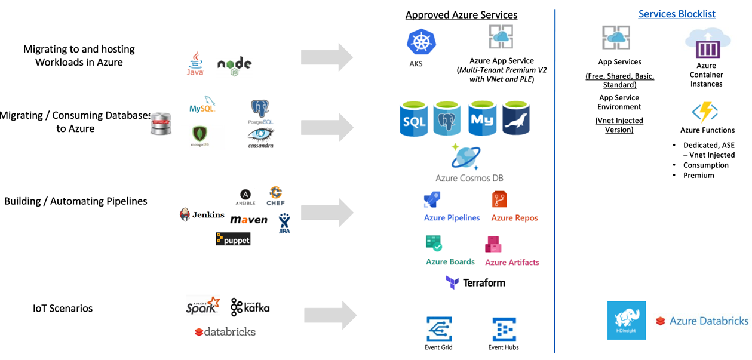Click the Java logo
click(195, 63)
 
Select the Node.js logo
click(234, 65)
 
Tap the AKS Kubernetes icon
click(421, 43)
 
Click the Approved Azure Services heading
click(461, 15)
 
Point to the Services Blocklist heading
click(677, 14)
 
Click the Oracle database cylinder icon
click(161, 124)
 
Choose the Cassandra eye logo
click(261, 137)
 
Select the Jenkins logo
click(202, 214)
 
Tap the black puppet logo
click(233, 239)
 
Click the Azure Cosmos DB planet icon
click(465, 157)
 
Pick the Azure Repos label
click(514, 218)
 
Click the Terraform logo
click(475, 282)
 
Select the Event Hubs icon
click(504, 330)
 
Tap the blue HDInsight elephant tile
click(627, 320)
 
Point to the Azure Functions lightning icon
click(704, 112)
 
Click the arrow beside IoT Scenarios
click(330, 315)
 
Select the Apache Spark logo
click(202, 305)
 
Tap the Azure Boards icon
click(434, 242)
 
